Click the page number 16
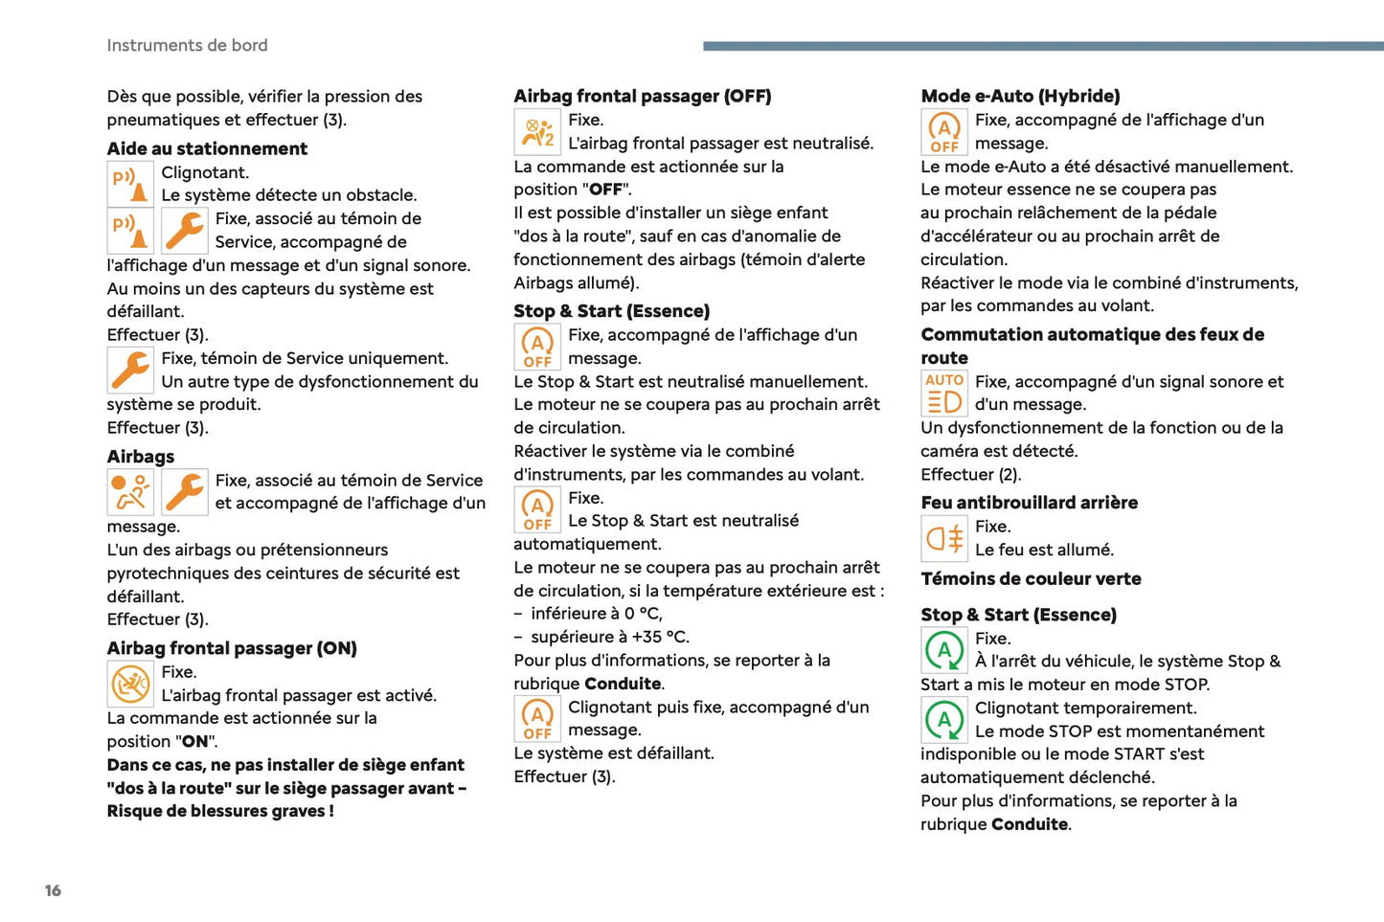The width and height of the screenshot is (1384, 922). point(53,890)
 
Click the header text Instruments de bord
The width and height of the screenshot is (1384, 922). point(187,45)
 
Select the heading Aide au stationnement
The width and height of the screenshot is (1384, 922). point(207,148)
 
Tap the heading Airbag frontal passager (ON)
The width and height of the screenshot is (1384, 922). point(232,648)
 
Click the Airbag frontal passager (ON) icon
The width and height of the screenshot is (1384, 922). point(130,684)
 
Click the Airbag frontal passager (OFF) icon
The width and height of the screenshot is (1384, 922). point(537,132)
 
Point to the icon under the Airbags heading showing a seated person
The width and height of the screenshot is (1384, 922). point(130,492)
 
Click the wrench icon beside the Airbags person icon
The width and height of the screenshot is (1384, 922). point(184,492)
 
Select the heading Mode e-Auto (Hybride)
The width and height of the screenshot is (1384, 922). point(1020,96)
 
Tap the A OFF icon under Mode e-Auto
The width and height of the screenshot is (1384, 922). point(944,132)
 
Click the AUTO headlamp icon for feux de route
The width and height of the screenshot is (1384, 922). point(944,394)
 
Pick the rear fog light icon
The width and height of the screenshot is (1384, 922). point(944,538)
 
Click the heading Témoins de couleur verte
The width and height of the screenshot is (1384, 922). point(1031,578)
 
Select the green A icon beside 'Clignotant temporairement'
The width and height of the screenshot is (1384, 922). point(944,720)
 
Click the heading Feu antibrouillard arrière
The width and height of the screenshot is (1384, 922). point(1029,503)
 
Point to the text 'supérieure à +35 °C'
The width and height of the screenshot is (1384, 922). point(609,637)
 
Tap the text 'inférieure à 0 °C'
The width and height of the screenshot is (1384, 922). point(596,614)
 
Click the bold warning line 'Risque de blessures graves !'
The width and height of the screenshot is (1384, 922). point(220,811)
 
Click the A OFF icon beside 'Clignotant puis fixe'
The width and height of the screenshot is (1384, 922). point(537,719)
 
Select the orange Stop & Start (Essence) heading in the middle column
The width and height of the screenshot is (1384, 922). point(611,311)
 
